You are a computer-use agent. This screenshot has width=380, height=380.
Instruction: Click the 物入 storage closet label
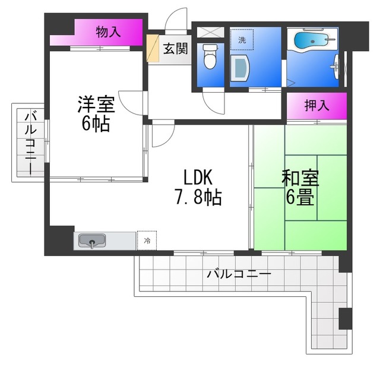pyautogui.click(x=108, y=32)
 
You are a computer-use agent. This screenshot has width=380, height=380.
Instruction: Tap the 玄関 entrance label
pyautogui.click(x=176, y=49)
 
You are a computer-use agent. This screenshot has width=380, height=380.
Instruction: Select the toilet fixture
pyautogui.click(x=210, y=57)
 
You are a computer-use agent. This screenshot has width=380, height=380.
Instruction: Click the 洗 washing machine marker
pyautogui.click(x=242, y=40)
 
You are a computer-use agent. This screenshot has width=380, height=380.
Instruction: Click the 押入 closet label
pyautogui.click(x=316, y=106)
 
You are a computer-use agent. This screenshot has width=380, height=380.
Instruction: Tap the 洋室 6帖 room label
pyautogui.click(x=96, y=114)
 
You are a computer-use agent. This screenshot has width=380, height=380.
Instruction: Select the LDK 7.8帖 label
pyautogui.click(x=198, y=187)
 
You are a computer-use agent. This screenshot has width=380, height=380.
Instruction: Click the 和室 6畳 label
pyautogui.click(x=300, y=187)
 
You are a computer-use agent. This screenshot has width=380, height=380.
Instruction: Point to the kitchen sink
pyautogui.click(x=92, y=240)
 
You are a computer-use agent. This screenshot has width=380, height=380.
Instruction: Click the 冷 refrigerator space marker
pyautogui.click(x=147, y=240)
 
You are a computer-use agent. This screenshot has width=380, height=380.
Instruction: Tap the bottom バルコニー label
pyautogui.click(x=239, y=274)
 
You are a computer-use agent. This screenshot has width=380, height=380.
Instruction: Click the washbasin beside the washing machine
pyautogui.click(x=240, y=68)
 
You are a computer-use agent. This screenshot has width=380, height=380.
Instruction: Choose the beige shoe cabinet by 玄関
pyautogui.click(x=153, y=49)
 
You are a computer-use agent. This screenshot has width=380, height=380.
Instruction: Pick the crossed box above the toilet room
pyautogui.click(x=211, y=32)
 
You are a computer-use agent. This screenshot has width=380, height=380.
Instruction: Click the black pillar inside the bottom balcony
pyautogui.click(x=346, y=319)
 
